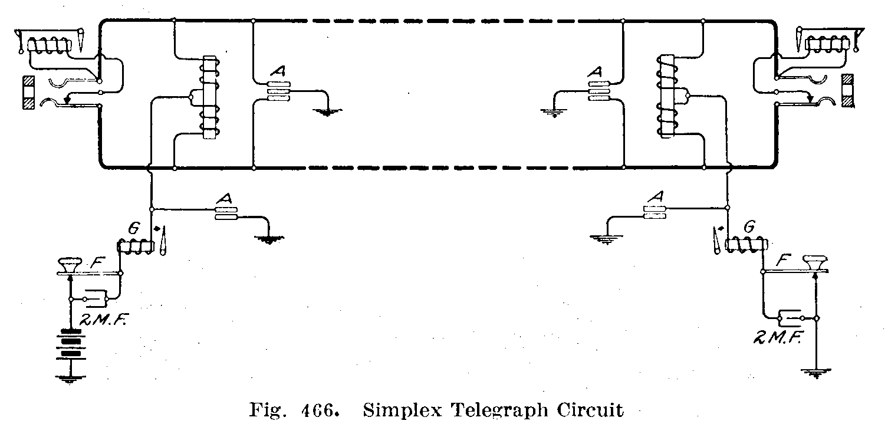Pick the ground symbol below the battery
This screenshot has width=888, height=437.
point(70,379)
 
